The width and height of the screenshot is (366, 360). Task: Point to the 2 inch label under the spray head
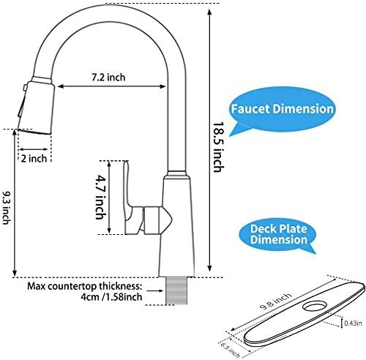coord(34,158)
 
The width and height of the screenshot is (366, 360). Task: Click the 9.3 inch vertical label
coord(6,207)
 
